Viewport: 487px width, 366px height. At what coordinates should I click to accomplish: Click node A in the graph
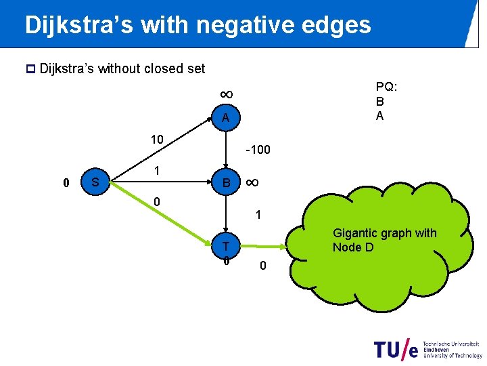coord(225,119)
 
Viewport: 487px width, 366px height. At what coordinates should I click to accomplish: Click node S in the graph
coord(95,182)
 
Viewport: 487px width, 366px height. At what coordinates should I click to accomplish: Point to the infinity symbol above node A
coord(226,94)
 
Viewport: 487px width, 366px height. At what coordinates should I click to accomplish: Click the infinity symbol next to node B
coord(251,182)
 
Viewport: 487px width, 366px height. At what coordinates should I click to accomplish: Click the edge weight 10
coord(157,140)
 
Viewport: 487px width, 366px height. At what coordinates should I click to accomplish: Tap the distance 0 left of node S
coord(65,183)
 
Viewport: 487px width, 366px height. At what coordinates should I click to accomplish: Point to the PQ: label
coord(386,87)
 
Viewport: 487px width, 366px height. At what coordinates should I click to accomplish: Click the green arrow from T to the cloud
coord(264,247)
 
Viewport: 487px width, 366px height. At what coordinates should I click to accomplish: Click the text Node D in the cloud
coord(352,247)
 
